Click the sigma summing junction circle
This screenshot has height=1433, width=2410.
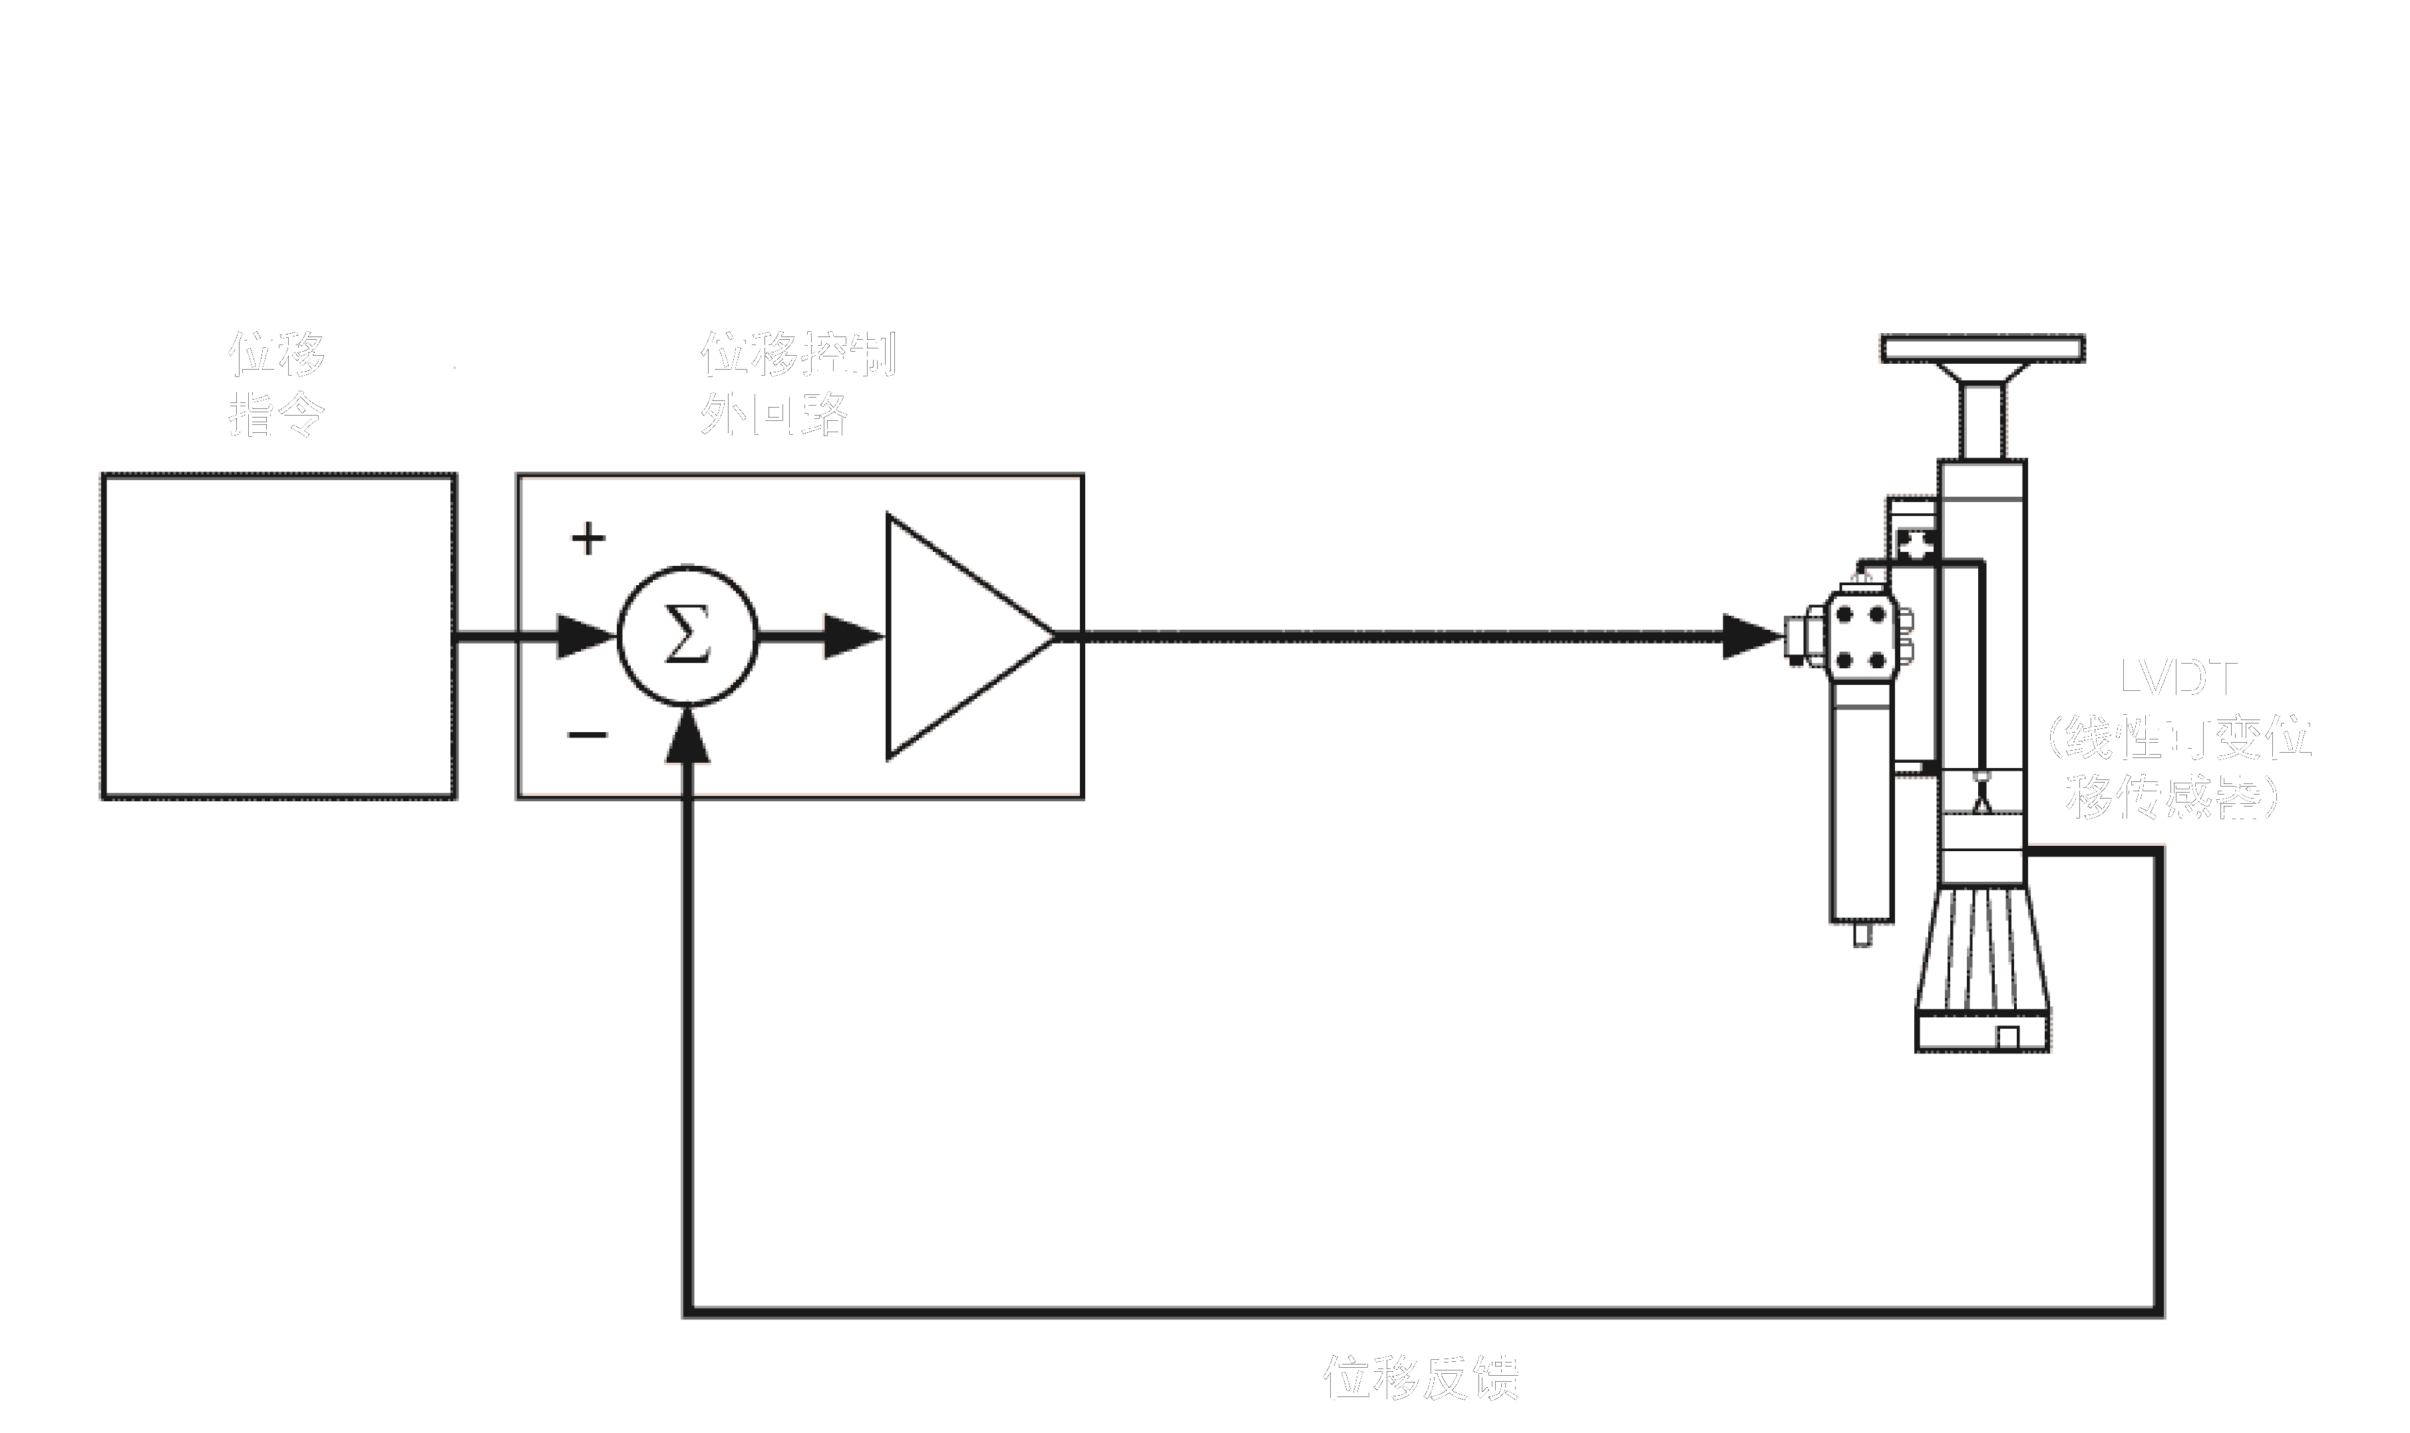pos(687,636)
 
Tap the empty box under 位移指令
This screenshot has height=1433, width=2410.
pos(278,636)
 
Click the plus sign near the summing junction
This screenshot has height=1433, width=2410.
pos(588,538)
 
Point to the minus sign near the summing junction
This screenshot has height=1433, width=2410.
pos(588,735)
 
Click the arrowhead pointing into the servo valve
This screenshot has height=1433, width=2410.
pos(1750,636)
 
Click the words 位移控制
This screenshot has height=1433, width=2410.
pos(798,354)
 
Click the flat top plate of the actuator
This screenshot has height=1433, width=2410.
pos(1982,348)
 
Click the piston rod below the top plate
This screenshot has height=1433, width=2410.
pos(1982,421)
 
